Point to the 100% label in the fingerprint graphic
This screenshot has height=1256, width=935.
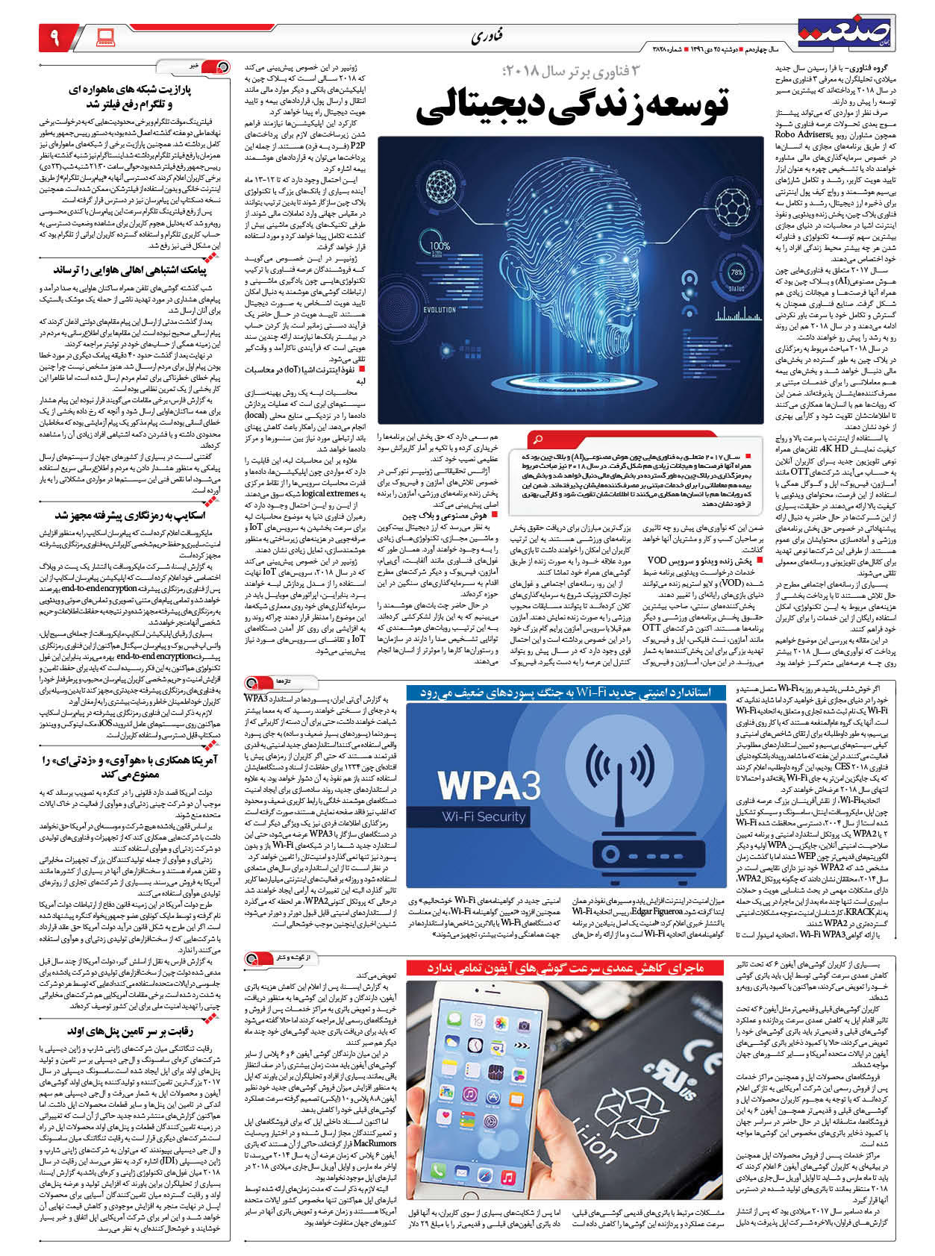point(440,246)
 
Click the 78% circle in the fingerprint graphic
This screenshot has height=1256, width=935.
point(737,273)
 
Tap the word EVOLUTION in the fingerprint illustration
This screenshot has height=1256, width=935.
point(440,310)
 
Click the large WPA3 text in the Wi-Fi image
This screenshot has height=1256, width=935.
point(488,785)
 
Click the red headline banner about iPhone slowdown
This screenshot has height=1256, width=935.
point(565,968)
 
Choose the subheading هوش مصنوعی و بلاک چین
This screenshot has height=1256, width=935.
point(444,516)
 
